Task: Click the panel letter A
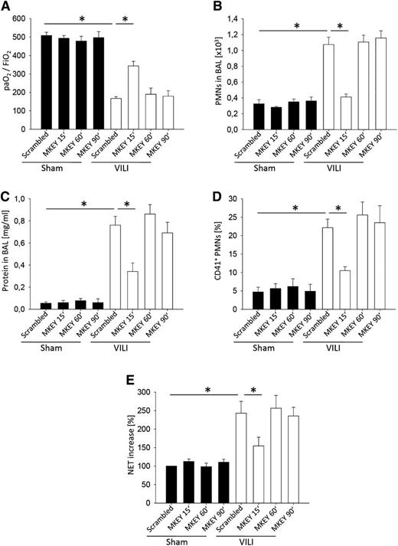pyautogui.click(x=6, y=6)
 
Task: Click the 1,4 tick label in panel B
pyautogui.click(x=233, y=18)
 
